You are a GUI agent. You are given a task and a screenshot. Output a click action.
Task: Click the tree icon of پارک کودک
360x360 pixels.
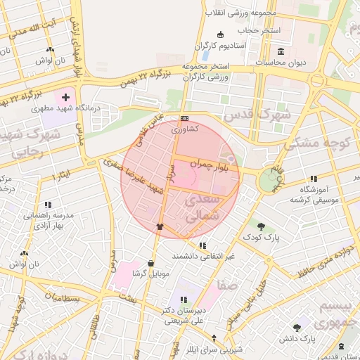click(262, 226)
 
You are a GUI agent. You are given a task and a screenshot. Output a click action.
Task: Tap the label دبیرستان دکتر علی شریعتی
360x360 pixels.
click(184, 316)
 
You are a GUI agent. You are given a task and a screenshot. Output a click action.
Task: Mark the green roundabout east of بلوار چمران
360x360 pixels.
click(268, 181)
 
